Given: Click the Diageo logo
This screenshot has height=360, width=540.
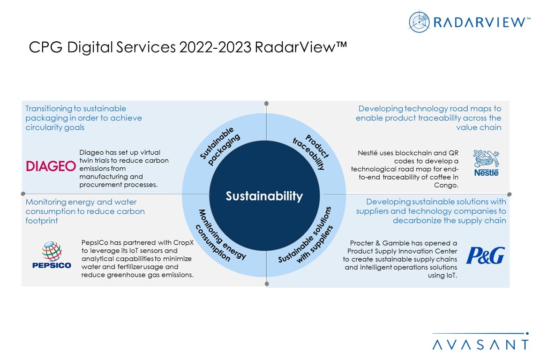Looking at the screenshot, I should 51,166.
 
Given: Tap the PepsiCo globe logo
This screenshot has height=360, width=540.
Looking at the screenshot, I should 52,251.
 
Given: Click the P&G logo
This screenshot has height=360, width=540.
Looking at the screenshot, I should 485,256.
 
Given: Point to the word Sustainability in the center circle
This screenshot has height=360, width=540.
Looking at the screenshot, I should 264,196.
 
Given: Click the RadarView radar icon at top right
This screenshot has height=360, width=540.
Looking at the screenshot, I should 419,22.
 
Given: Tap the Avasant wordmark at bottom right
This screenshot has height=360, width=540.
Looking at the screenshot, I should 480,345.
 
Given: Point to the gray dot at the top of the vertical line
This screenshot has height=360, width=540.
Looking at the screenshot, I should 266,103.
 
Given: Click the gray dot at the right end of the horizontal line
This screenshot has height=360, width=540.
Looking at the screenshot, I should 509,194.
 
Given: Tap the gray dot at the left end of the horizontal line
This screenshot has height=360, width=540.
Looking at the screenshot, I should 22,193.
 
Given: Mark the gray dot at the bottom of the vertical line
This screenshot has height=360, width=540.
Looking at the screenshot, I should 266,284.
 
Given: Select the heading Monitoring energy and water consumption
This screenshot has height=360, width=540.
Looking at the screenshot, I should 85,211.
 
